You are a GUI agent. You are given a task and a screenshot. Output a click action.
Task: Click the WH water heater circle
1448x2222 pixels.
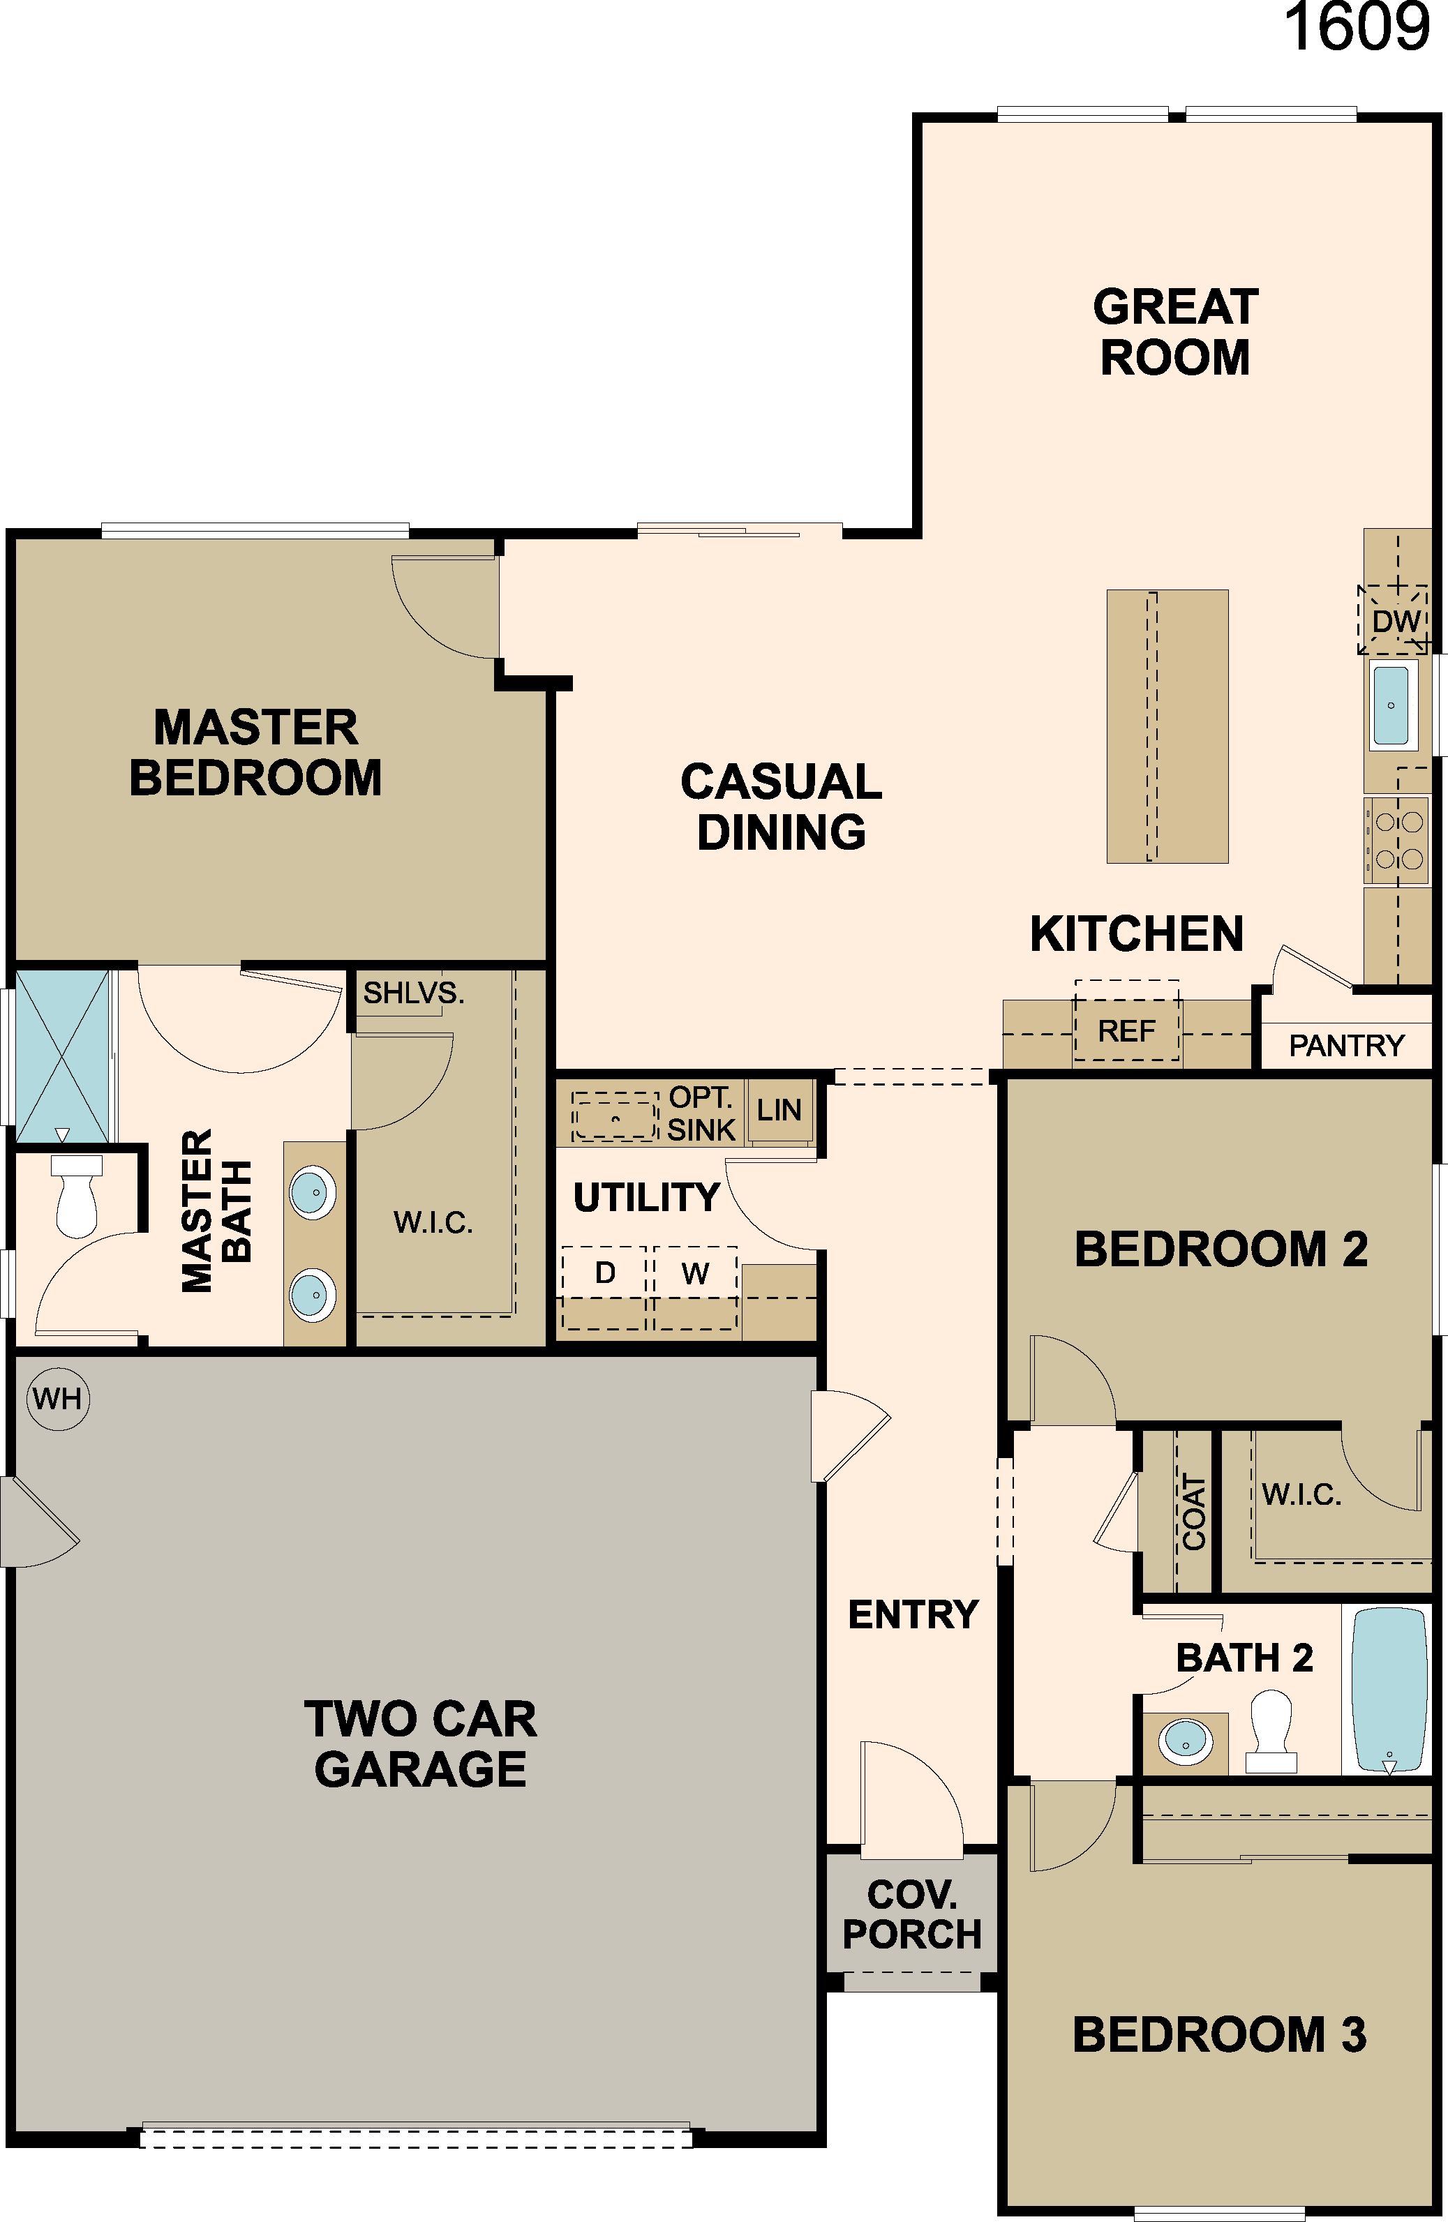pos(58,1399)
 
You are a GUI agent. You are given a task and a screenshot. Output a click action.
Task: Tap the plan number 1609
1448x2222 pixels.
pos(1357,27)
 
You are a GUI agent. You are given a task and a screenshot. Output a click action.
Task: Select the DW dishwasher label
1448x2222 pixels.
pos(1396,621)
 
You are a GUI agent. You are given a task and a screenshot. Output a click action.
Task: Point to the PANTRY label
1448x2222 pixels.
pos(1346,1046)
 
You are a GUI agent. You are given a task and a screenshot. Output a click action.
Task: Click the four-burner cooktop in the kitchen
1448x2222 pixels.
pos(1396,839)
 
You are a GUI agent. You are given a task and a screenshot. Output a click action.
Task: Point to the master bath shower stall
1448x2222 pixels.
pos(63,1056)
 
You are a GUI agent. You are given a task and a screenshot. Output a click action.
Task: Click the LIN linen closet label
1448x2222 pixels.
pos(779,1110)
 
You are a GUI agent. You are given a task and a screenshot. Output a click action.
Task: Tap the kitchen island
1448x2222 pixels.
pos(1167,726)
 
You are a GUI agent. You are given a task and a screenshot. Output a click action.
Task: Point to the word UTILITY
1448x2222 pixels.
pos(646,1197)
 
